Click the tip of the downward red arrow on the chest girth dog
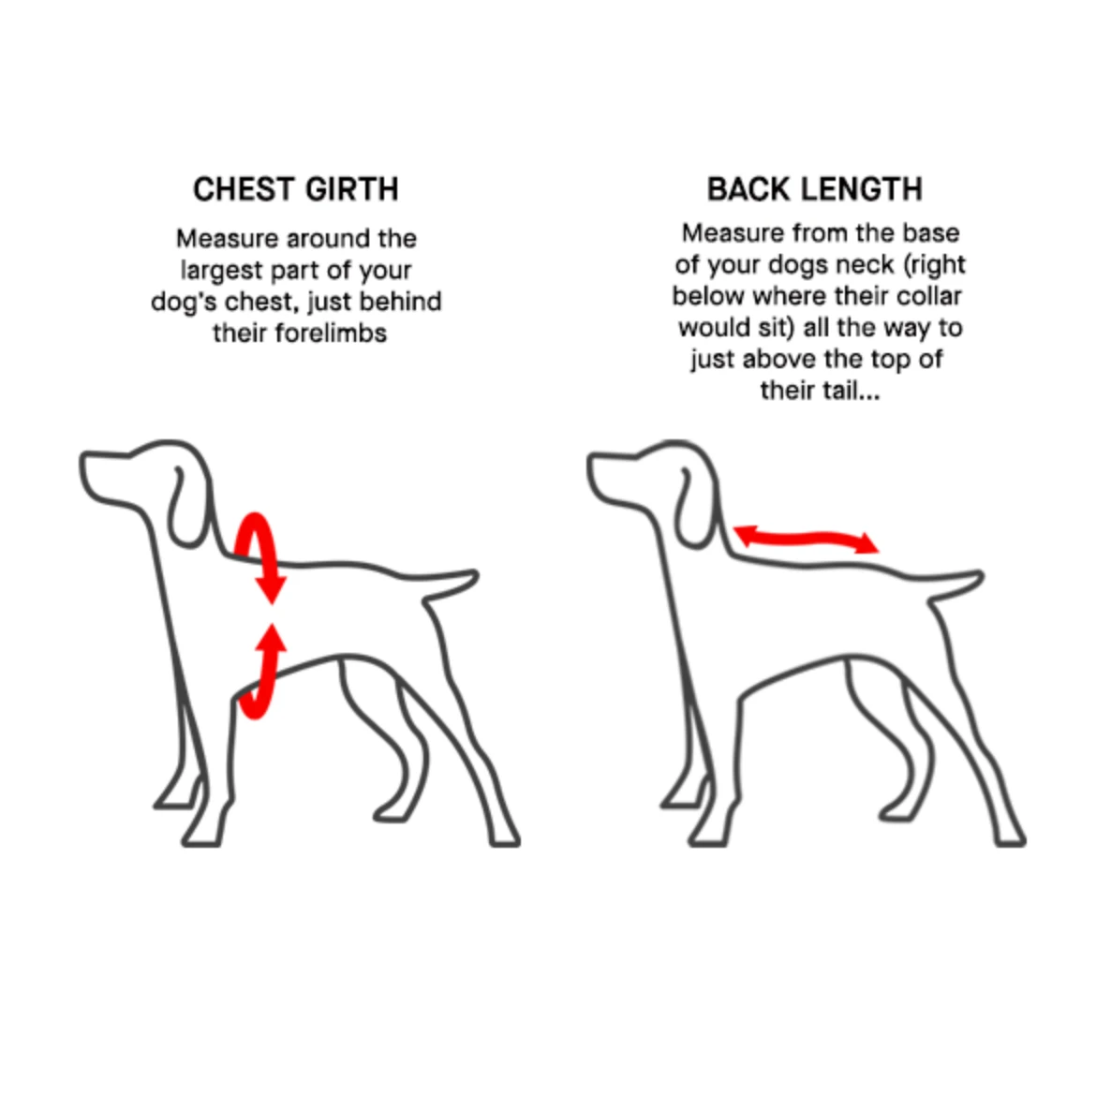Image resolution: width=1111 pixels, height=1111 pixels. pos(272,603)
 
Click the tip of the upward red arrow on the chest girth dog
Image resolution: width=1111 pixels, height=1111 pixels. pos(272,623)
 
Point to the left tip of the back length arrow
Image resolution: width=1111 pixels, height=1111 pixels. pos(733,528)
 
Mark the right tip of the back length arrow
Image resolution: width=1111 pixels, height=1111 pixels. pos(879,551)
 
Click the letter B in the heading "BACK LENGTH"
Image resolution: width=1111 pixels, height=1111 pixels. pos(717,190)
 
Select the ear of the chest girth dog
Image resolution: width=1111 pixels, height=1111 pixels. pos(185,507)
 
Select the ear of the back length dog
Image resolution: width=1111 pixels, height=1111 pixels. pos(692,507)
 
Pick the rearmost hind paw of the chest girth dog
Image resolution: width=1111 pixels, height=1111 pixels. pos(505,837)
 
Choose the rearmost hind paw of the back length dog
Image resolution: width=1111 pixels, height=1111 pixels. pos(1011,837)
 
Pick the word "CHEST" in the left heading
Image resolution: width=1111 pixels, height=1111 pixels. pos(241,190)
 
